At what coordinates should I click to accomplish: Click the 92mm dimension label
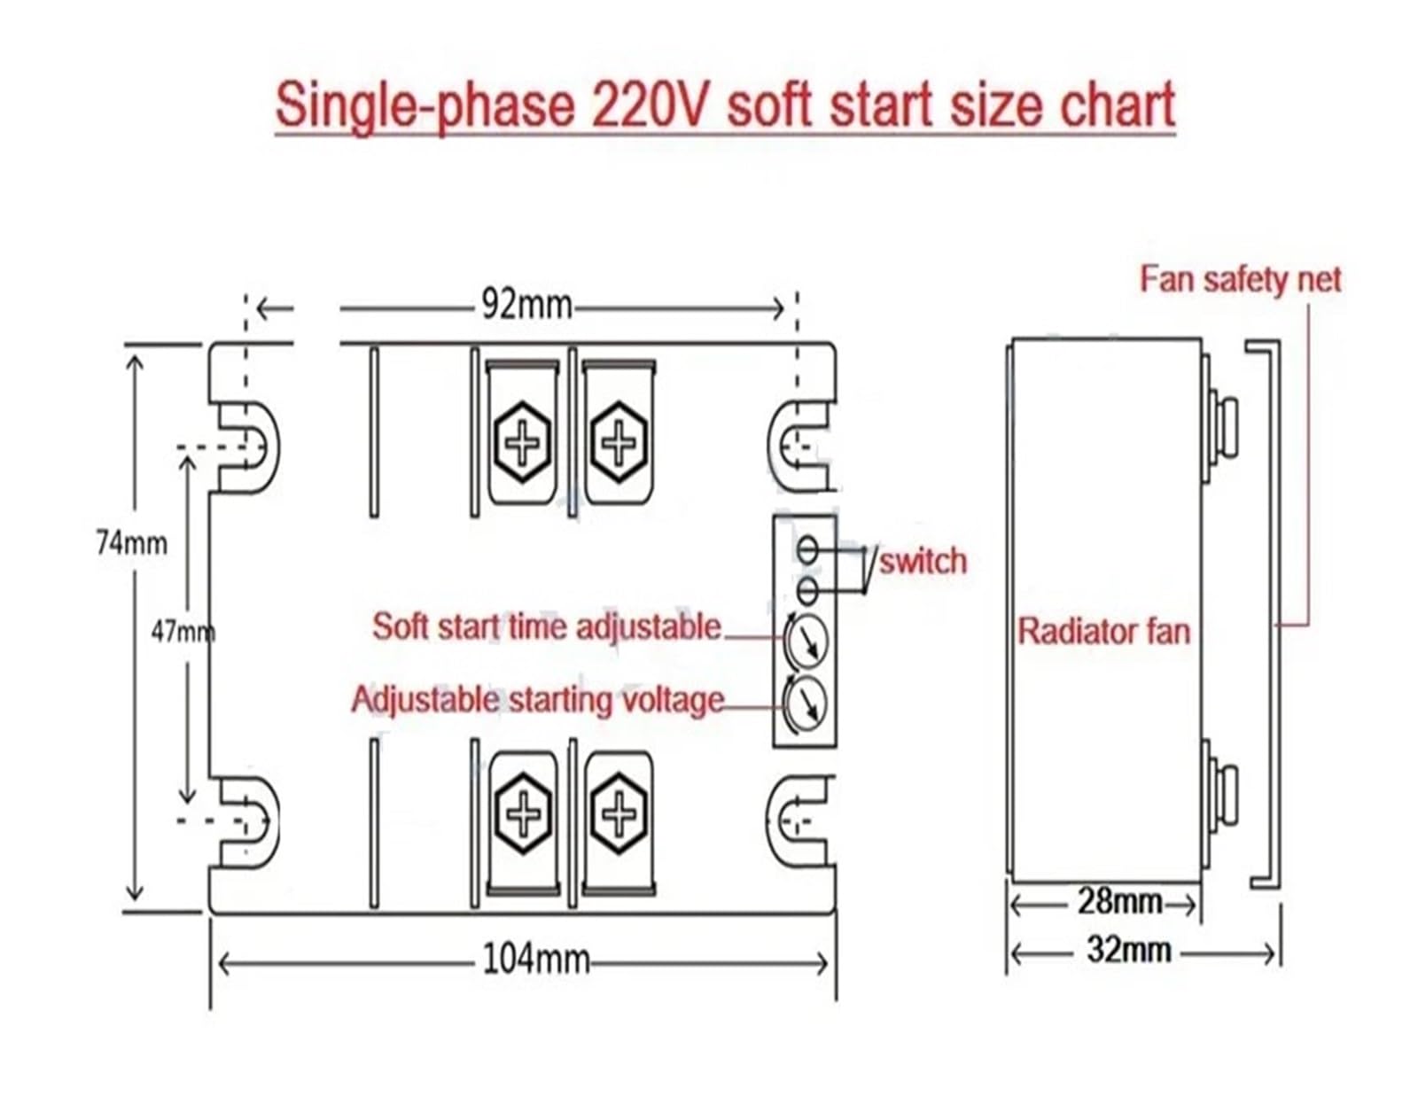pyautogui.click(x=526, y=306)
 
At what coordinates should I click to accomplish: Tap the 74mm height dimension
pyautogui.click(x=131, y=542)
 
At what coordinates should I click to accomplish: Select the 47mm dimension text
pyautogui.click(x=183, y=632)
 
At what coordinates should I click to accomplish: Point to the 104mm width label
pyautogui.click(x=535, y=959)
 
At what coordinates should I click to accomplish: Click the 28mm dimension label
pyautogui.click(x=1119, y=902)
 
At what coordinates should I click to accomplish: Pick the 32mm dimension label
pyautogui.click(x=1128, y=951)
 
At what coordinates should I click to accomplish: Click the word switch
pyautogui.click(x=923, y=562)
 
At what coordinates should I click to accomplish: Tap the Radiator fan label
pyautogui.click(x=1103, y=632)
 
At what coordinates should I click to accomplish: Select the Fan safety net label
pyautogui.click(x=1240, y=280)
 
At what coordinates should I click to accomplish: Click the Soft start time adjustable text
pyautogui.click(x=546, y=626)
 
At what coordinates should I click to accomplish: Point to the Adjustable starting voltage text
pyautogui.click(x=537, y=700)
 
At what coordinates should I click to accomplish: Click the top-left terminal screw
pyautogui.click(x=523, y=440)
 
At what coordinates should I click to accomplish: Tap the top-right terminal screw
pyautogui.click(x=619, y=440)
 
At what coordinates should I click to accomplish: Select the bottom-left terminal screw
pyautogui.click(x=523, y=813)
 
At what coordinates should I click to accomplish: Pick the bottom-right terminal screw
pyautogui.click(x=619, y=813)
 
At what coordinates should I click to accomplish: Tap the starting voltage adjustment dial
pyautogui.click(x=806, y=703)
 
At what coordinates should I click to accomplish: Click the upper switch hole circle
pyautogui.click(x=806, y=549)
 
